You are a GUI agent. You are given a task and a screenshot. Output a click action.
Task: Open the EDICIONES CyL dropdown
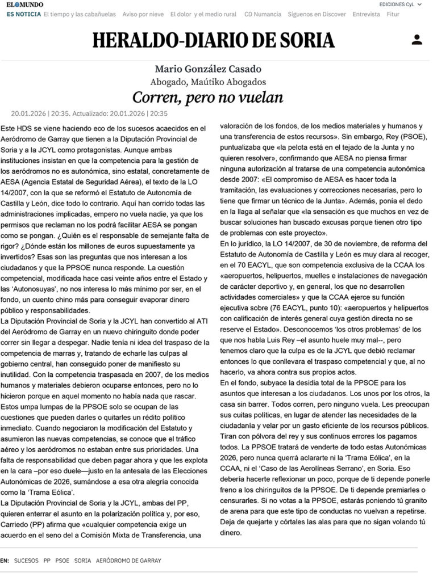[x=400, y=4]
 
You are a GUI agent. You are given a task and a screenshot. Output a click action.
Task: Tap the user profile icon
[x=417, y=40]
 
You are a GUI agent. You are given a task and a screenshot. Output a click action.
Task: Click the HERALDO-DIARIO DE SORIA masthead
[x=214, y=40]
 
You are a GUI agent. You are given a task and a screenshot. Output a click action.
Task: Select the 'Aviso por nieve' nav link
[x=143, y=14]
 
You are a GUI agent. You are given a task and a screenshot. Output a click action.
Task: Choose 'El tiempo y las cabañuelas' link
[x=80, y=14]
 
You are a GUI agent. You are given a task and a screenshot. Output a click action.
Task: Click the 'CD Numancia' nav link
[x=263, y=14]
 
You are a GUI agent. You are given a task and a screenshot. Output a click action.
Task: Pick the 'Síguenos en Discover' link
[x=317, y=14]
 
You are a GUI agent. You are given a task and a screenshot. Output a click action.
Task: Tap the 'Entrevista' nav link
[x=366, y=14]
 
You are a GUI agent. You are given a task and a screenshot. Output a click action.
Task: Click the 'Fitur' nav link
[x=393, y=14]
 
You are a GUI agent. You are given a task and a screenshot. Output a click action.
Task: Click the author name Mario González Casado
[x=208, y=69]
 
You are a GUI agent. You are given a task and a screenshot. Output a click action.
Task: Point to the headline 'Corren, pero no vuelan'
[x=208, y=98]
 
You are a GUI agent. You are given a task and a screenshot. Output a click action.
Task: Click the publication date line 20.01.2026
[x=89, y=113]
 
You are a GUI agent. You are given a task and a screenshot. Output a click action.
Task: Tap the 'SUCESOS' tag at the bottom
[x=26, y=561]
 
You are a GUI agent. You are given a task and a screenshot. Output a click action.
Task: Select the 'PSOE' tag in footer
[x=62, y=561]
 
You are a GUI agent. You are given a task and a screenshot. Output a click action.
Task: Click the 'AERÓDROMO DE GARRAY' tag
[x=128, y=561]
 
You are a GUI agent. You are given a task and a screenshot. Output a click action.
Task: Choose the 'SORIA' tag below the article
[x=82, y=561]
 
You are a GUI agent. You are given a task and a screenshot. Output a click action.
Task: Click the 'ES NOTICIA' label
[x=23, y=14]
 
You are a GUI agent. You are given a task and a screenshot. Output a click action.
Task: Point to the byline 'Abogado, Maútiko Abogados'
[x=208, y=82]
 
